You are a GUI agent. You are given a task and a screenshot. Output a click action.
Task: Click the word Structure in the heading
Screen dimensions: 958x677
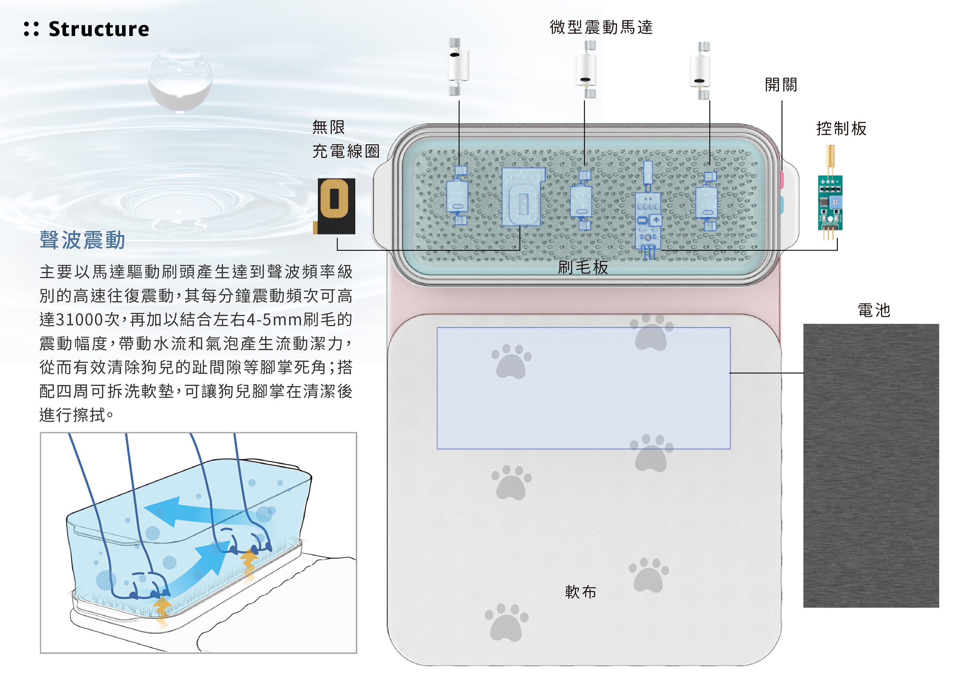(99, 29)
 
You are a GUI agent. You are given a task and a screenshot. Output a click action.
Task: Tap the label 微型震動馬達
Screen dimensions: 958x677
(601, 27)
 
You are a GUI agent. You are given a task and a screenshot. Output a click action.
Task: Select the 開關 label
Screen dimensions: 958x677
(781, 85)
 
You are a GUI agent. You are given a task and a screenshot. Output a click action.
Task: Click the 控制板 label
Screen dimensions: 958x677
(841, 128)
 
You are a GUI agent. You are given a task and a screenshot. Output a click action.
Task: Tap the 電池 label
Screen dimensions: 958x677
(874, 310)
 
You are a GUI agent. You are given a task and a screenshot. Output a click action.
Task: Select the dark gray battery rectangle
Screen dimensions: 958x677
(871, 466)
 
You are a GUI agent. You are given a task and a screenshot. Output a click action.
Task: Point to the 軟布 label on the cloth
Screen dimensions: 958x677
(581, 592)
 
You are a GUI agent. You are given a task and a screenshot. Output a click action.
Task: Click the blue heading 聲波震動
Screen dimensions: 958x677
(83, 240)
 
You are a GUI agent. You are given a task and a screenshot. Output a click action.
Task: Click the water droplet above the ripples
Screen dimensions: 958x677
(180, 80)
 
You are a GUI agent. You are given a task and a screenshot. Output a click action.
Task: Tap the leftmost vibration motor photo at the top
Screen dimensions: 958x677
(459, 67)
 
